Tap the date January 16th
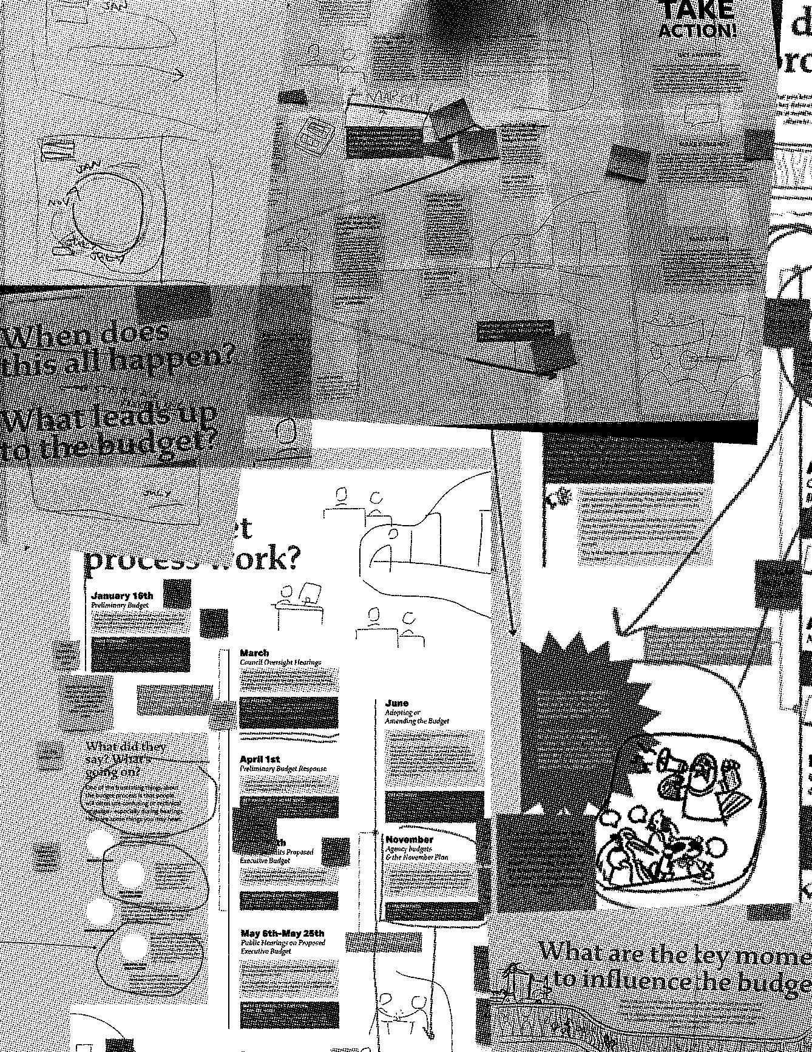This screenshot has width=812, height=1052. pos(122,596)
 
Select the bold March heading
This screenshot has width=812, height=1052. pos(254,653)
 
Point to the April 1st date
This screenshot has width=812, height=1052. pos(259,759)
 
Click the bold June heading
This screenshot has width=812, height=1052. pos(397,703)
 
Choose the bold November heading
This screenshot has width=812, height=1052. pos(410,840)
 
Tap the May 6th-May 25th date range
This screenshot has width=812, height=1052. pos(282,933)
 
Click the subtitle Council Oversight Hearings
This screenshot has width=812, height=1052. pos(280,662)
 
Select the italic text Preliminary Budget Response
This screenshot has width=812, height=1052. pos(283,769)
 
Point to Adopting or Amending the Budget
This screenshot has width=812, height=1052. pos(416,716)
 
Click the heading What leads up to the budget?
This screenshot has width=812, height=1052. pos(109,432)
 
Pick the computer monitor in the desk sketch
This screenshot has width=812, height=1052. pos(310,591)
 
